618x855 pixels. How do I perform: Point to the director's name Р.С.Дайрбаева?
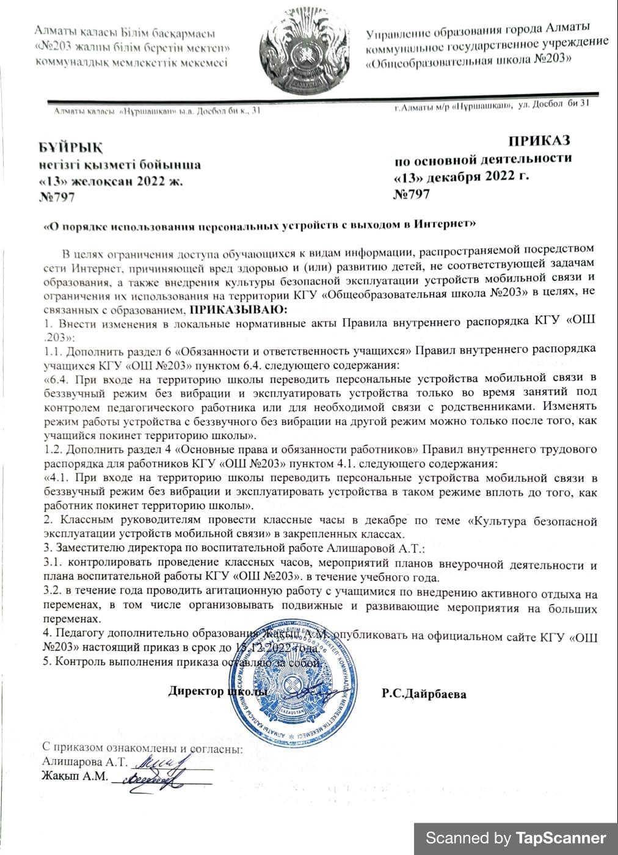(424, 694)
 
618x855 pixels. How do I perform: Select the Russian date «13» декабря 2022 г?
(462, 177)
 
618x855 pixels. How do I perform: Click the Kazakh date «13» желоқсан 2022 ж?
(110, 181)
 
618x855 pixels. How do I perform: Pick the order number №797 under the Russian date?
(412, 194)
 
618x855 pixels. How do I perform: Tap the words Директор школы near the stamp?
(217, 692)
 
